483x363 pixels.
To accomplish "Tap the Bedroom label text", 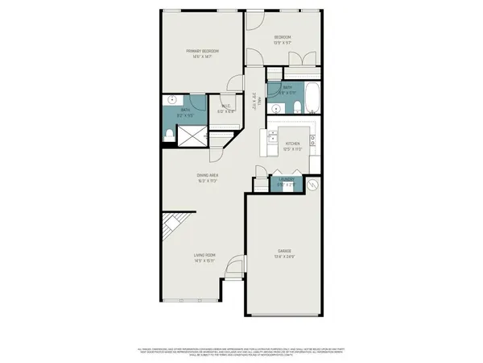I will click(282, 37).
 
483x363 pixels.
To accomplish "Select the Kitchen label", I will click(292, 142).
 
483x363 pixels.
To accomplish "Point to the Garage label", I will click(283, 251).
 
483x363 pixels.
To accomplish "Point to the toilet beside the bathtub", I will click(296, 109).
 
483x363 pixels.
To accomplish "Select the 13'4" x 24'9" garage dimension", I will click(283, 257).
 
